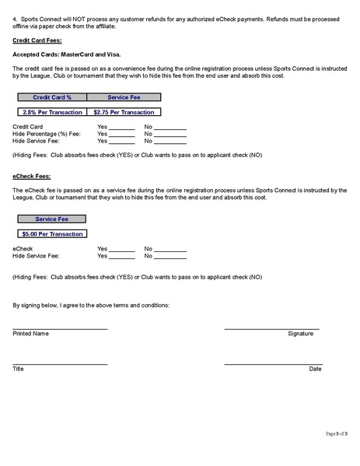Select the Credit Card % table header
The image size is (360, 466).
(52, 97)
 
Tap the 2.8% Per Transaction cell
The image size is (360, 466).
(52, 112)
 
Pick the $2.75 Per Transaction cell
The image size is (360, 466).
(124, 112)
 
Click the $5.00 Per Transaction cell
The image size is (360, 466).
(52, 233)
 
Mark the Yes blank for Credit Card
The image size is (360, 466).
(121, 128)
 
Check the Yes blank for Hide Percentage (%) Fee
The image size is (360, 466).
(121, 135)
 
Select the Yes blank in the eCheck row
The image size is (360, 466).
(121, 249)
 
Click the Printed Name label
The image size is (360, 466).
(31, 334)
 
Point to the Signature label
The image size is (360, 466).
(300, 334)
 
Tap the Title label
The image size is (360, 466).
(19, 369)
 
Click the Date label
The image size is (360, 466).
(315, 369)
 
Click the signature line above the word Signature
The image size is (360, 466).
(271, 328)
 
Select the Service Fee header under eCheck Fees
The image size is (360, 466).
(52, 219)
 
